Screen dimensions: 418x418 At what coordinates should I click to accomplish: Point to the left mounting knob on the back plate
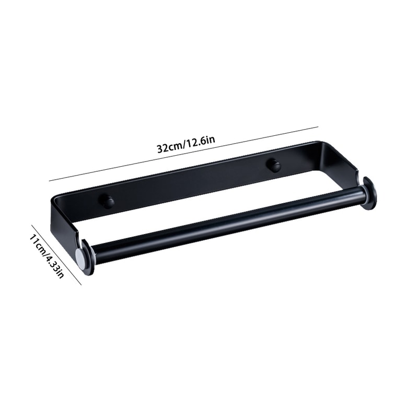(107, 201)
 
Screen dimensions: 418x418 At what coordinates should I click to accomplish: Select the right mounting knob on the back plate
(273, 165)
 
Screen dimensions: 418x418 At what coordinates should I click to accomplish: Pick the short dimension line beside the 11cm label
(56, 255)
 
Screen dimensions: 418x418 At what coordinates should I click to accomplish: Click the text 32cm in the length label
(168, 147)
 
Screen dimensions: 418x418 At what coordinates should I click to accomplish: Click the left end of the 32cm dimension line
(50, 181)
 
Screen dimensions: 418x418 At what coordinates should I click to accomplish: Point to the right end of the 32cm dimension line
(318, 126)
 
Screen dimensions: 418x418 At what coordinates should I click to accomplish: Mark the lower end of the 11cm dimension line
(81, 284)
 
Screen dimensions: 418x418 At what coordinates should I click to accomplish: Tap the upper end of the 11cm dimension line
(32, 226)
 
